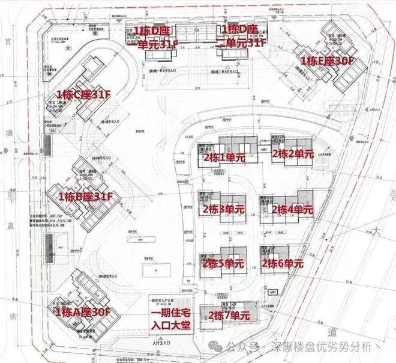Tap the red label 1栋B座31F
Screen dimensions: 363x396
(85, 197)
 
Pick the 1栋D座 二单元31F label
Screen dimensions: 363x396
(242, 36)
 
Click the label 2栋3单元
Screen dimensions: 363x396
(223, 210)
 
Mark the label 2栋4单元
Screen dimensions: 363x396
(293, 210)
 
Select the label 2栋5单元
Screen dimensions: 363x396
(223, 263)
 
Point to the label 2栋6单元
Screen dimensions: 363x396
(283, 263)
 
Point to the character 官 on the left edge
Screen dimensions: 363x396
(8, 43)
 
